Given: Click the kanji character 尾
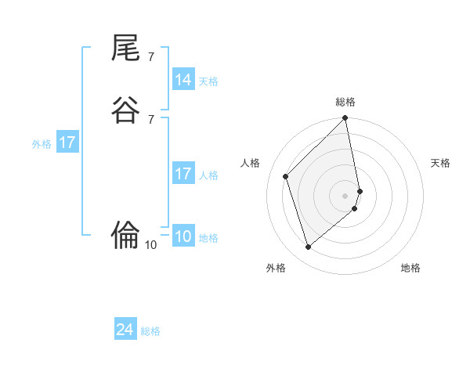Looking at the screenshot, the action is coord(126,49).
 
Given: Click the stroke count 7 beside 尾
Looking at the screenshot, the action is coord(150,56).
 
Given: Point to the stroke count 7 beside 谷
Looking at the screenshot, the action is coord(150,118).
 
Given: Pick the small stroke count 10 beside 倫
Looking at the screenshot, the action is coord(150,244).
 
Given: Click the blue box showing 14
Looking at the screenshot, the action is coord(183,80).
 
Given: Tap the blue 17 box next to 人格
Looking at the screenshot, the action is coord(183,174).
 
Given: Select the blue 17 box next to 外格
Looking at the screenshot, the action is coord(67,143).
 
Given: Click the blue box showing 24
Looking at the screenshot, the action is coord(125,330).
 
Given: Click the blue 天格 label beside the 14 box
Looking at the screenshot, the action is coord(208,81).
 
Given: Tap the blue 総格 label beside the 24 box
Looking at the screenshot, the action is coord(150,331).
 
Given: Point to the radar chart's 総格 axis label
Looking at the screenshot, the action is coord(345,102).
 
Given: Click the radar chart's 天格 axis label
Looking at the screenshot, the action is coord(440,163).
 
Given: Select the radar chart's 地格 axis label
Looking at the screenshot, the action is coord(410,268).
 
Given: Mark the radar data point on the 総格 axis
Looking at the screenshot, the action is coord(345,119).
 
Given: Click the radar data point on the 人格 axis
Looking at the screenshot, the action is coord(286,176).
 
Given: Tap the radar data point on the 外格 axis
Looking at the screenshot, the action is coord(308,247).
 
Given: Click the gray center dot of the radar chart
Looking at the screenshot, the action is coord(345,195).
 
